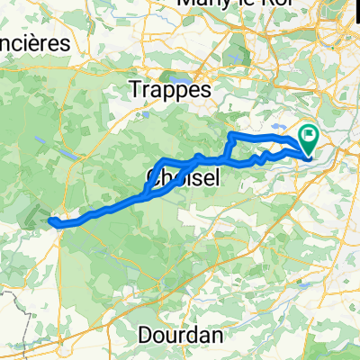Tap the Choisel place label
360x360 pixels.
[182, 179]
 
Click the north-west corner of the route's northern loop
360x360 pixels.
[232, 134]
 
